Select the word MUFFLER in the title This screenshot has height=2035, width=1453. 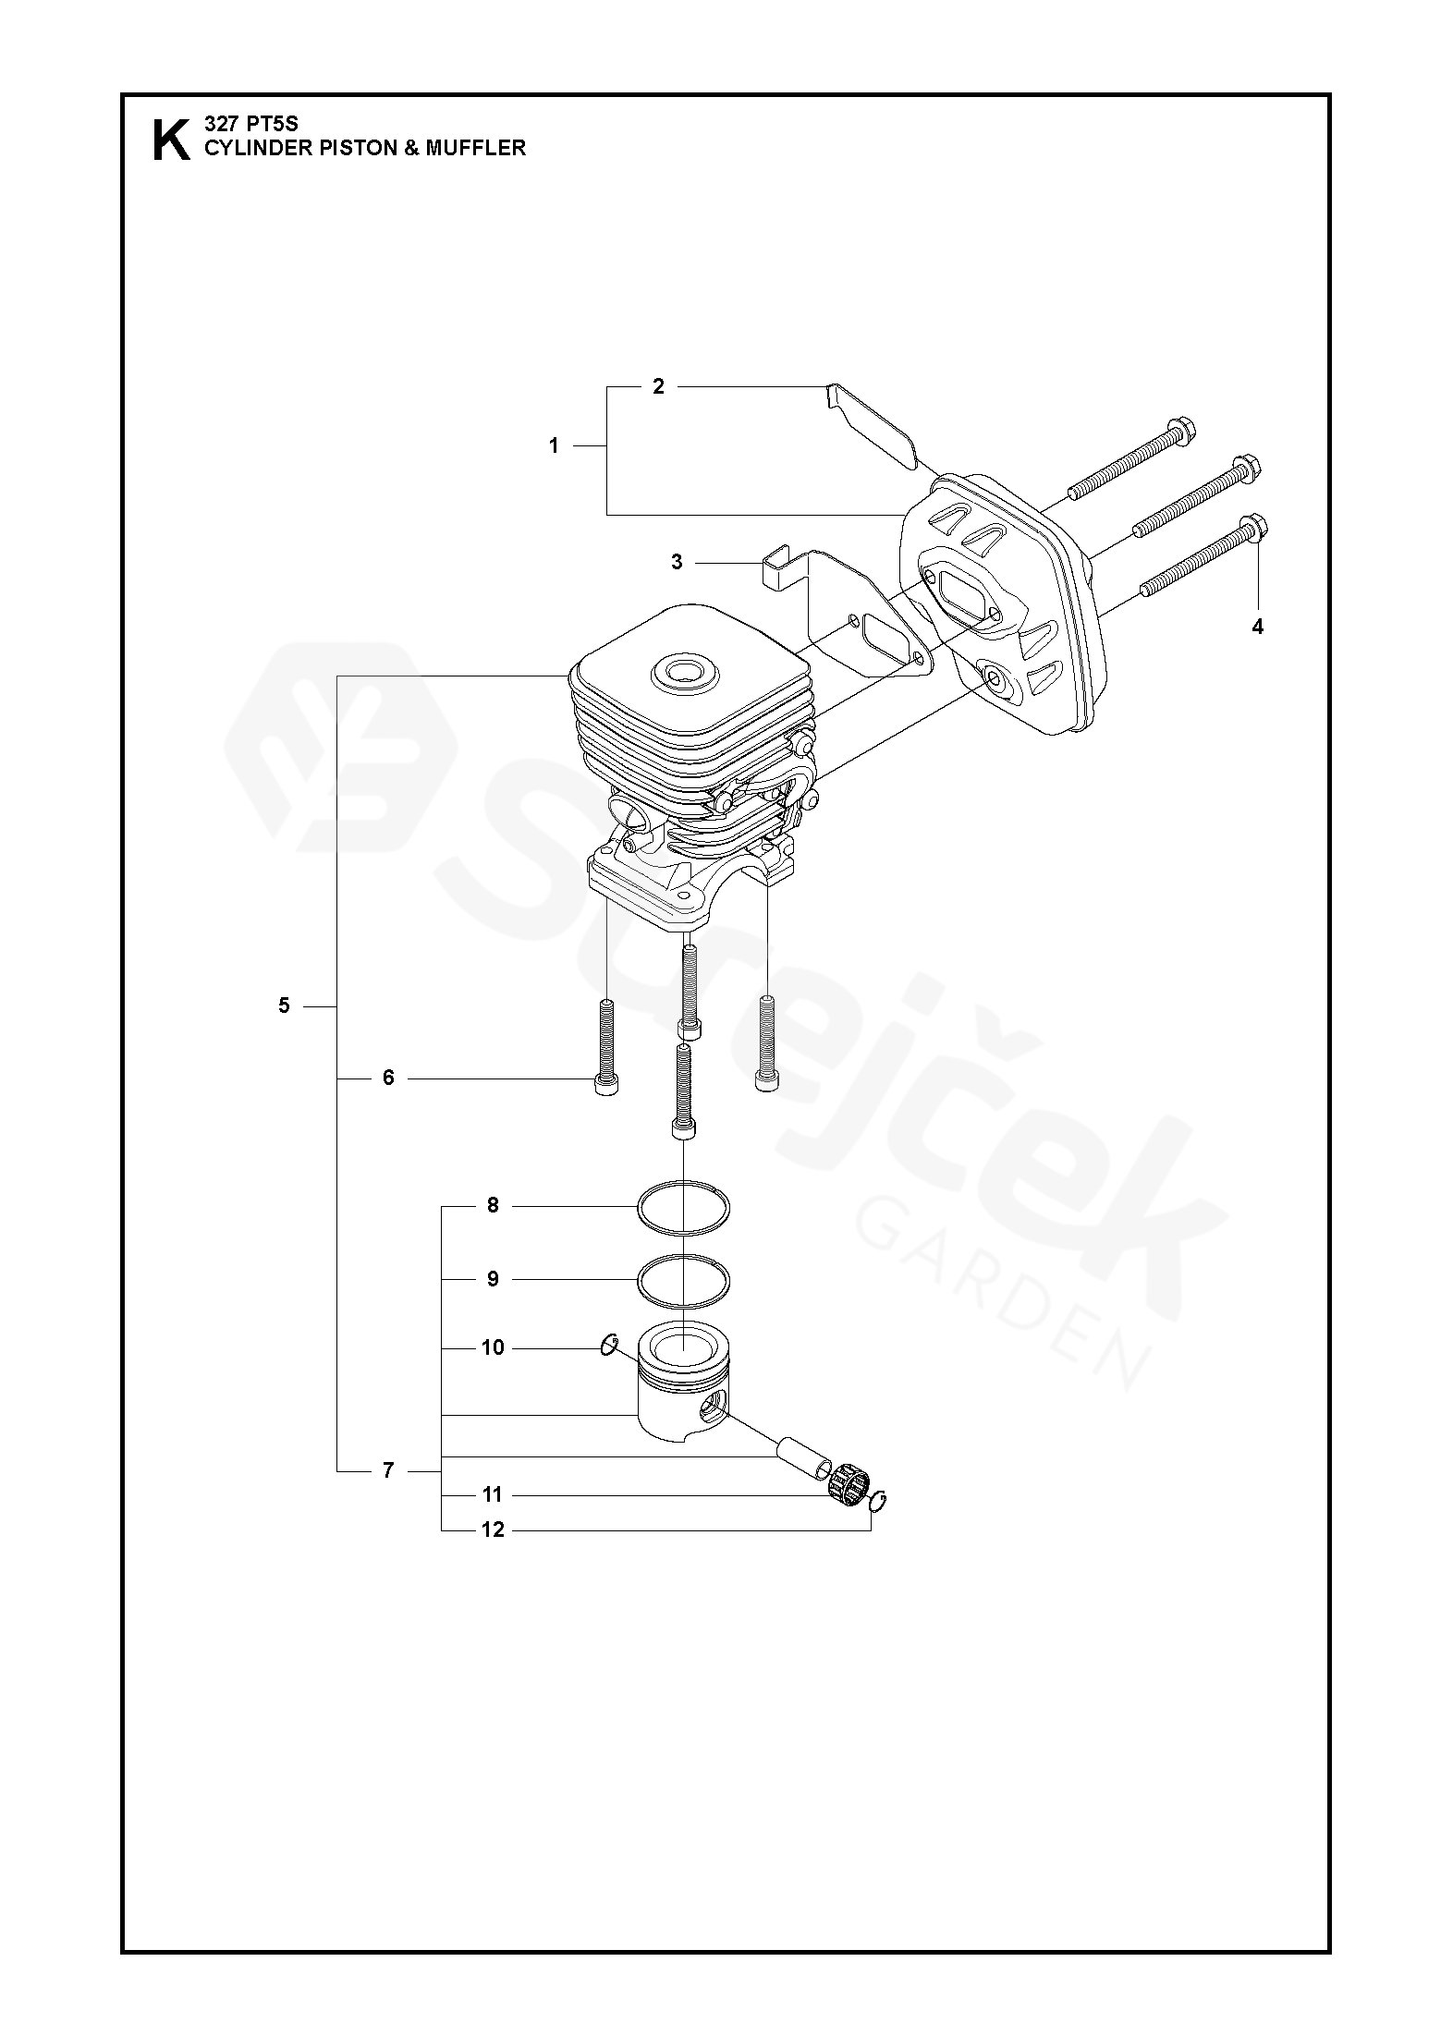point(475,148)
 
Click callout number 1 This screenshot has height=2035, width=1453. point(554,446)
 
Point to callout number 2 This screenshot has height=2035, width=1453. point(658,386)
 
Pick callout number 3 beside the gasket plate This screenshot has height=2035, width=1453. point(677,562)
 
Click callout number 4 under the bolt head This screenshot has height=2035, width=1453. point(1257,627)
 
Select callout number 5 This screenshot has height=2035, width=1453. point(284,1005)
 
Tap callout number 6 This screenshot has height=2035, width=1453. point(388,1078)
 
